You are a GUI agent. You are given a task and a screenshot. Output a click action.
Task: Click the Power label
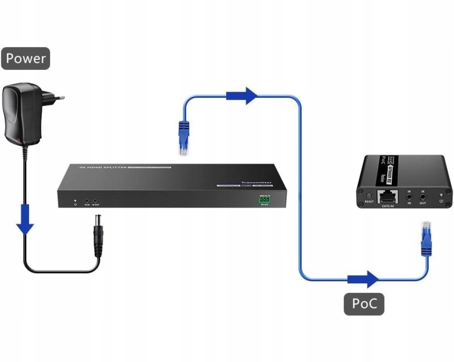click(x=25, y=59)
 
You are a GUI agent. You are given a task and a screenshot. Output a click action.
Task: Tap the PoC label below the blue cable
click(x=364, y=303)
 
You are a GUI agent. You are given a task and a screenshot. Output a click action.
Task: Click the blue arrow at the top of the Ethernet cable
click(x=242, y=95)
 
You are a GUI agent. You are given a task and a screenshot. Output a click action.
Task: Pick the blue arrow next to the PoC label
click(x=363, y=279)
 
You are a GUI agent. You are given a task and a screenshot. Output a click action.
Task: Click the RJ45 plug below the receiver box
click(x=425, y=238)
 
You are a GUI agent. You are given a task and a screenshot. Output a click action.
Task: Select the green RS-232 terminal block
click(x=265, y=199)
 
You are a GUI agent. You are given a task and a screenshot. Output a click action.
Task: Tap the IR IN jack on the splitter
click(x=86, y=200)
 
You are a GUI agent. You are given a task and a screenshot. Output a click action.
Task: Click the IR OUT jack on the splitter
click(x=95, y=200)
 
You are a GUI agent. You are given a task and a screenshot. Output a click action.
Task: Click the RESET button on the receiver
click(x=369, y=195)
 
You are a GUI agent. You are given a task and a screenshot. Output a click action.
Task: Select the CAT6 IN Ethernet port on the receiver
click(x=387, y=196)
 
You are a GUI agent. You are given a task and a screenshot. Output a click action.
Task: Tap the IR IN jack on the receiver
click(x=409, y=197)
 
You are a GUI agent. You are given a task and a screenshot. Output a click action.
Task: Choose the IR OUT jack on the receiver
click(x=423, y=197)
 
